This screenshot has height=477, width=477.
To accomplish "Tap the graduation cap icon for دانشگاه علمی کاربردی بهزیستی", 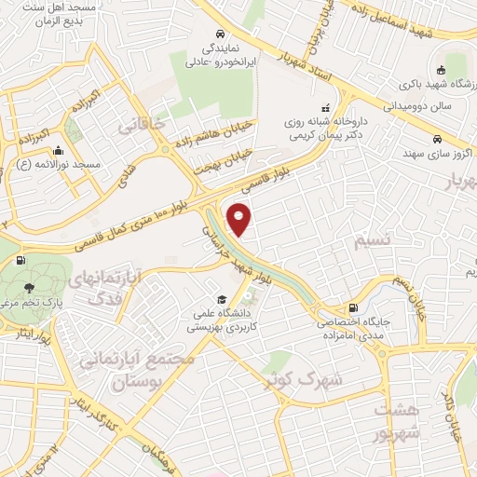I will click(222, 299).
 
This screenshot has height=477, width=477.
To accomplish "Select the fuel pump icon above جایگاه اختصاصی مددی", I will click(352, 307).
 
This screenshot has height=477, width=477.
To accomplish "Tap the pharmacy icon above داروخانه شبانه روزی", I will click(324, 106).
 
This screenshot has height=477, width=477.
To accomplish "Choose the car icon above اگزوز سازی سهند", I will click(436, 139).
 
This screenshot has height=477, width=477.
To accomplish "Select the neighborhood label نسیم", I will click(374, 241).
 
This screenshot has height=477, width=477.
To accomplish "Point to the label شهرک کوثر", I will click(304, 380).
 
